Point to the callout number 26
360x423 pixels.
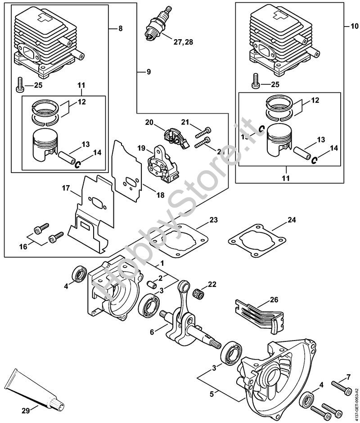pos(274,299)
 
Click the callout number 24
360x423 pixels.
pos(292,220)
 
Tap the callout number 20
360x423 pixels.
pos(149,122)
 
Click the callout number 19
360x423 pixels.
pos(141,148)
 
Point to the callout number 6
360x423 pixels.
pos(152,331)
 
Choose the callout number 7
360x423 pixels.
pos(348,377)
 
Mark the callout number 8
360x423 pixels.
pos(120,28)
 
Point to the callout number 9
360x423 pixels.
pos(148,72)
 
